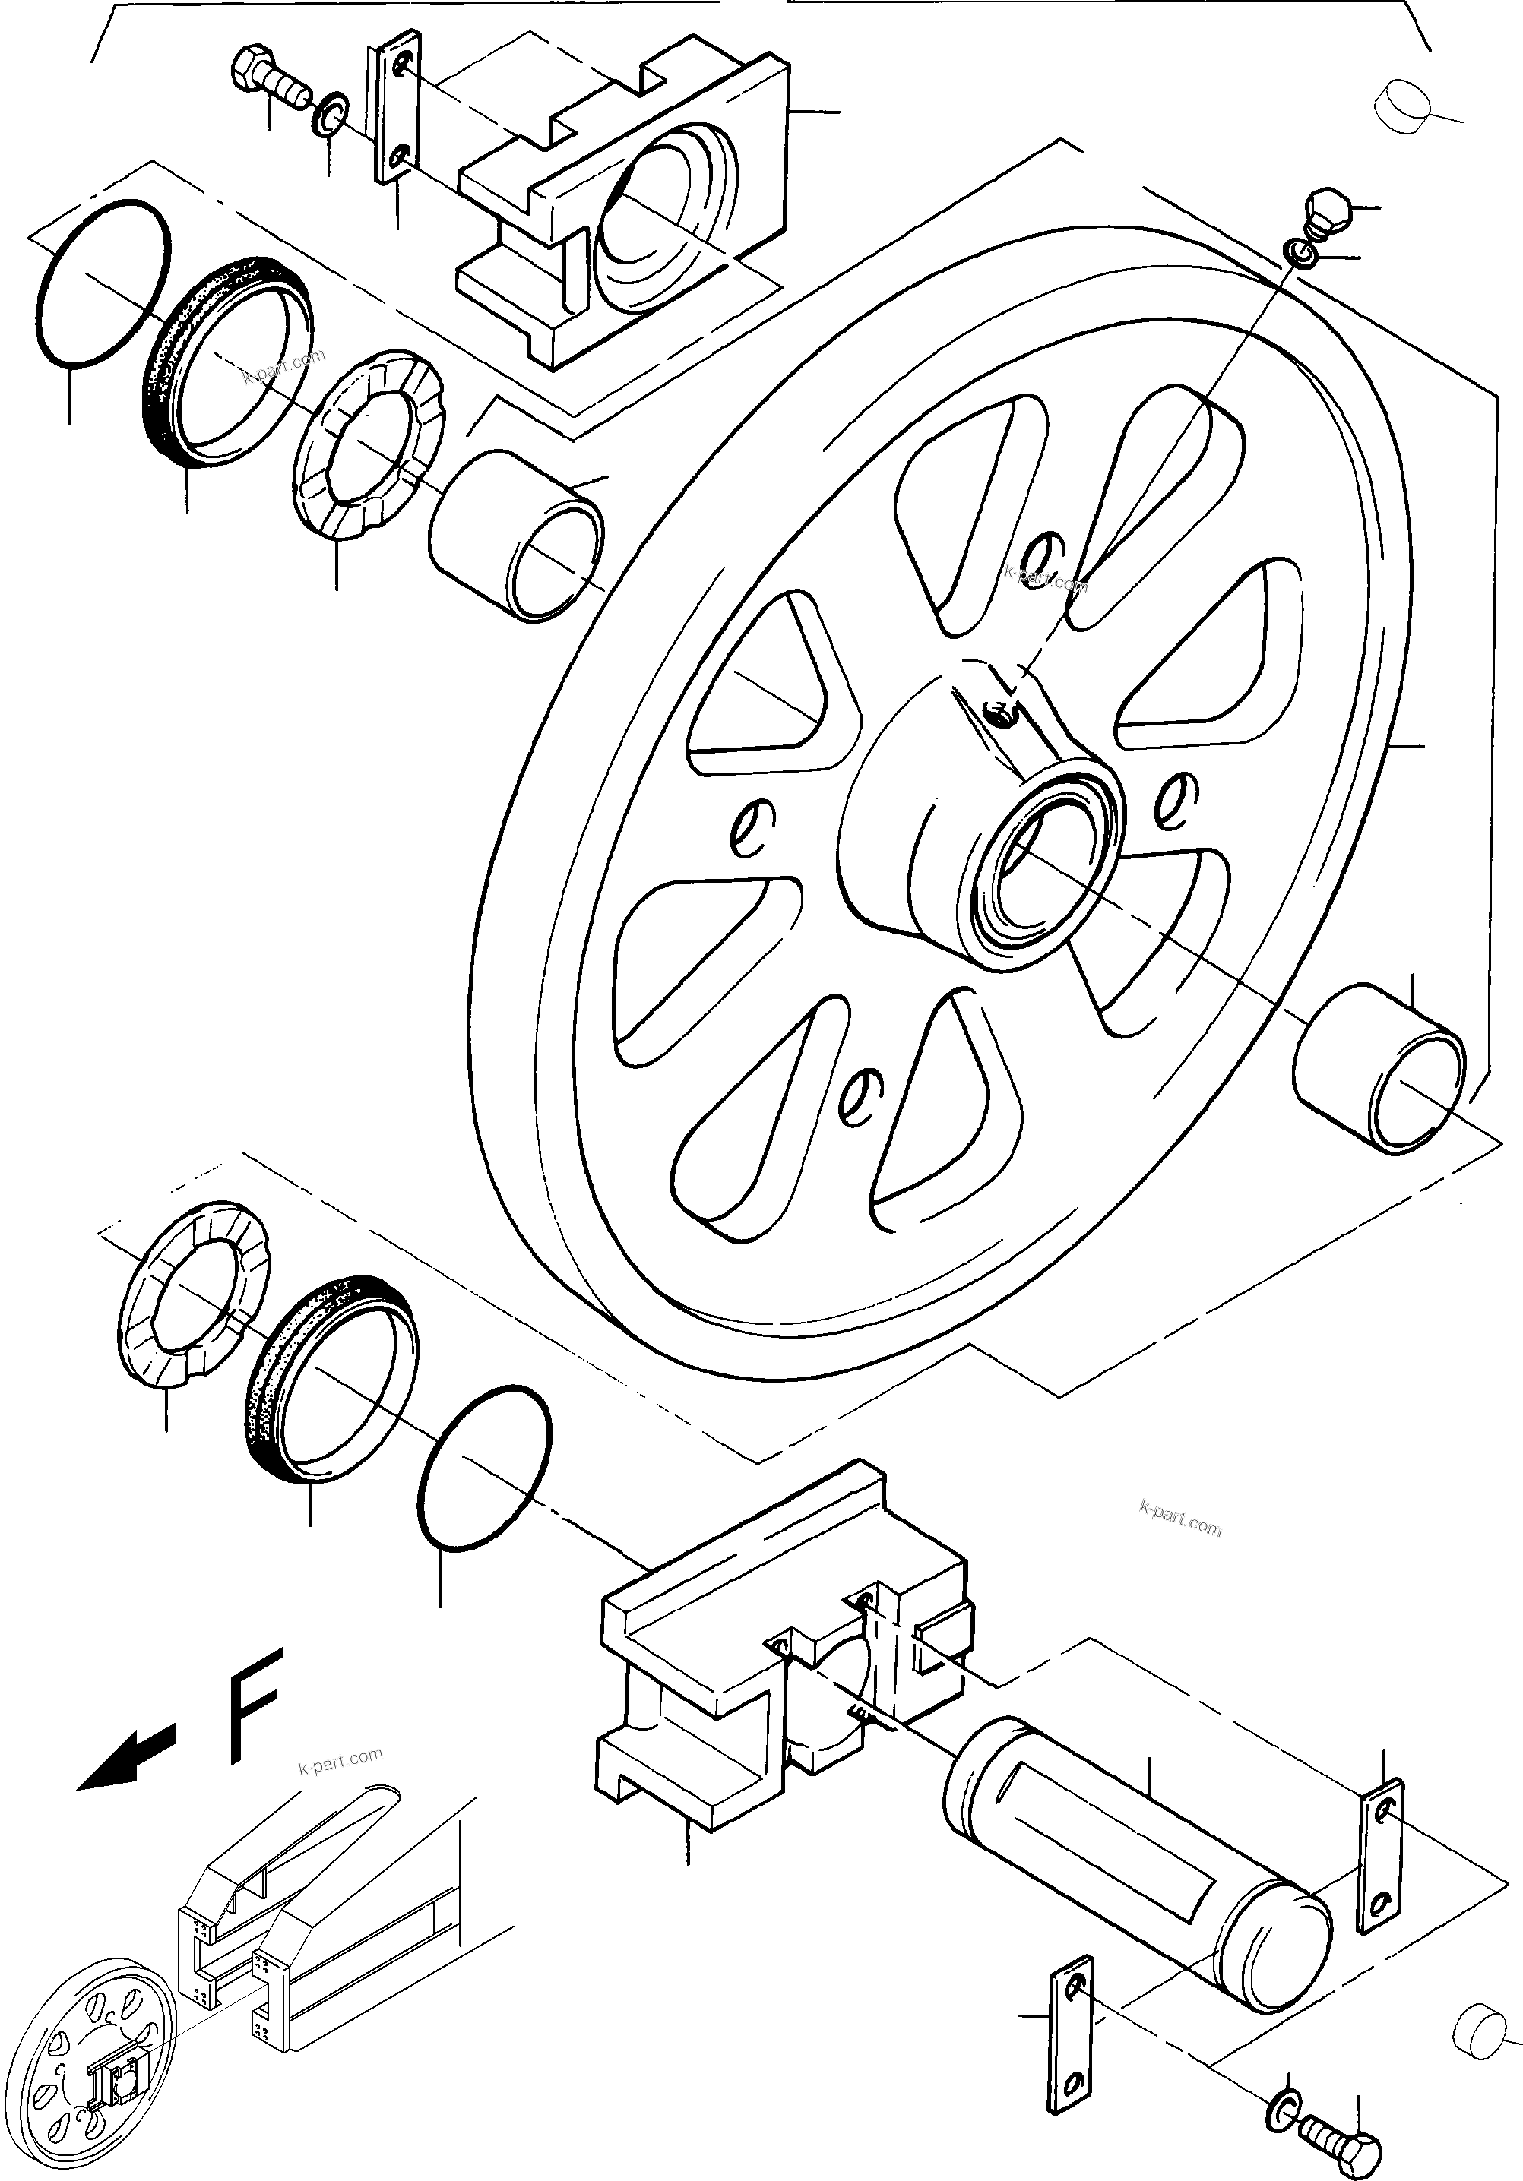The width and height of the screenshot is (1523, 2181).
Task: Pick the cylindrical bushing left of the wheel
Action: coord(517,536)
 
